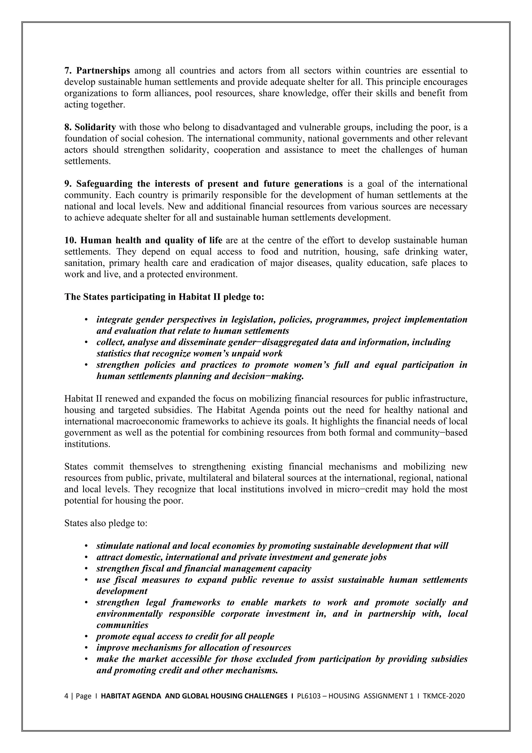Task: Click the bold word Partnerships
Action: click(103, 70)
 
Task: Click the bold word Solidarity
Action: click(95, 127)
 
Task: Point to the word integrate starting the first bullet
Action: click(114, 320)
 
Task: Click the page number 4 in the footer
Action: click(66, 696)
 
